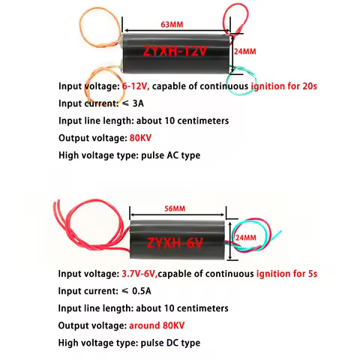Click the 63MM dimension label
[x=172, y=25]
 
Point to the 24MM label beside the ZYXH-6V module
[x=246, y=238]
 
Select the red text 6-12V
[x=136, y=86]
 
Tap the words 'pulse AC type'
[x=168, y=155]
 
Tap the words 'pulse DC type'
[x=168, y=343]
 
